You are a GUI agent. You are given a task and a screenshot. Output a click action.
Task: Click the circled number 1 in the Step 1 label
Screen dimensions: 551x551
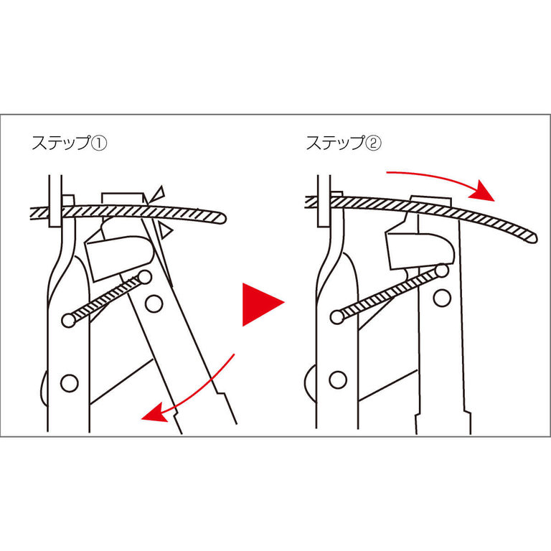[100, 143]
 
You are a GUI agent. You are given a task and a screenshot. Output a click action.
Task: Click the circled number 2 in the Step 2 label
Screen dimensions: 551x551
[374, 143]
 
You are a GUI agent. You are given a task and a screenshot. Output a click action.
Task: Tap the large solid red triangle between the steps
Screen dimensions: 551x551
[263, 304]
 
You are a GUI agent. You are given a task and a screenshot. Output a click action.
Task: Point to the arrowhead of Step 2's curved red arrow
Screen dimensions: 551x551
[482, 190]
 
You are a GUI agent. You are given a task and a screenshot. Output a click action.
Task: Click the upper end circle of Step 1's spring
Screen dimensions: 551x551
[144, 277]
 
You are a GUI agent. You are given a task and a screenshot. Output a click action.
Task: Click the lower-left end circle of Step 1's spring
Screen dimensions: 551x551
[69, 320]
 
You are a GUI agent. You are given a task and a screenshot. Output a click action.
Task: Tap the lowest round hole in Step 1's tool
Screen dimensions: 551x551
[69, 383]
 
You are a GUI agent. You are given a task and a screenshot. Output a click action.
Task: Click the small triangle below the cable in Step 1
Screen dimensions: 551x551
[165, 230]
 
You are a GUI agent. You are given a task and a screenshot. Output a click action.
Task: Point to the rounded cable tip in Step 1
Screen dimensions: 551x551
[221, 218]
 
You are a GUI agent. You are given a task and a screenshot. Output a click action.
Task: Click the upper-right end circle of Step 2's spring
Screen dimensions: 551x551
[443, 270]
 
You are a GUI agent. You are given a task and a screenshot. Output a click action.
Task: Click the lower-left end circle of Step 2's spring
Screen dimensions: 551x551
[337, 317]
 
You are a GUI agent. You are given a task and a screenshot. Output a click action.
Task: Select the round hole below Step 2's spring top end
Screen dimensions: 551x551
[442, 298]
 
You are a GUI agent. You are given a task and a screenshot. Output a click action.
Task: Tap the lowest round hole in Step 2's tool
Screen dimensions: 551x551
[338, 380]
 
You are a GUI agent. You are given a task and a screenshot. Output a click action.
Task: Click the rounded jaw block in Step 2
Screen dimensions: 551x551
[420, 250]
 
